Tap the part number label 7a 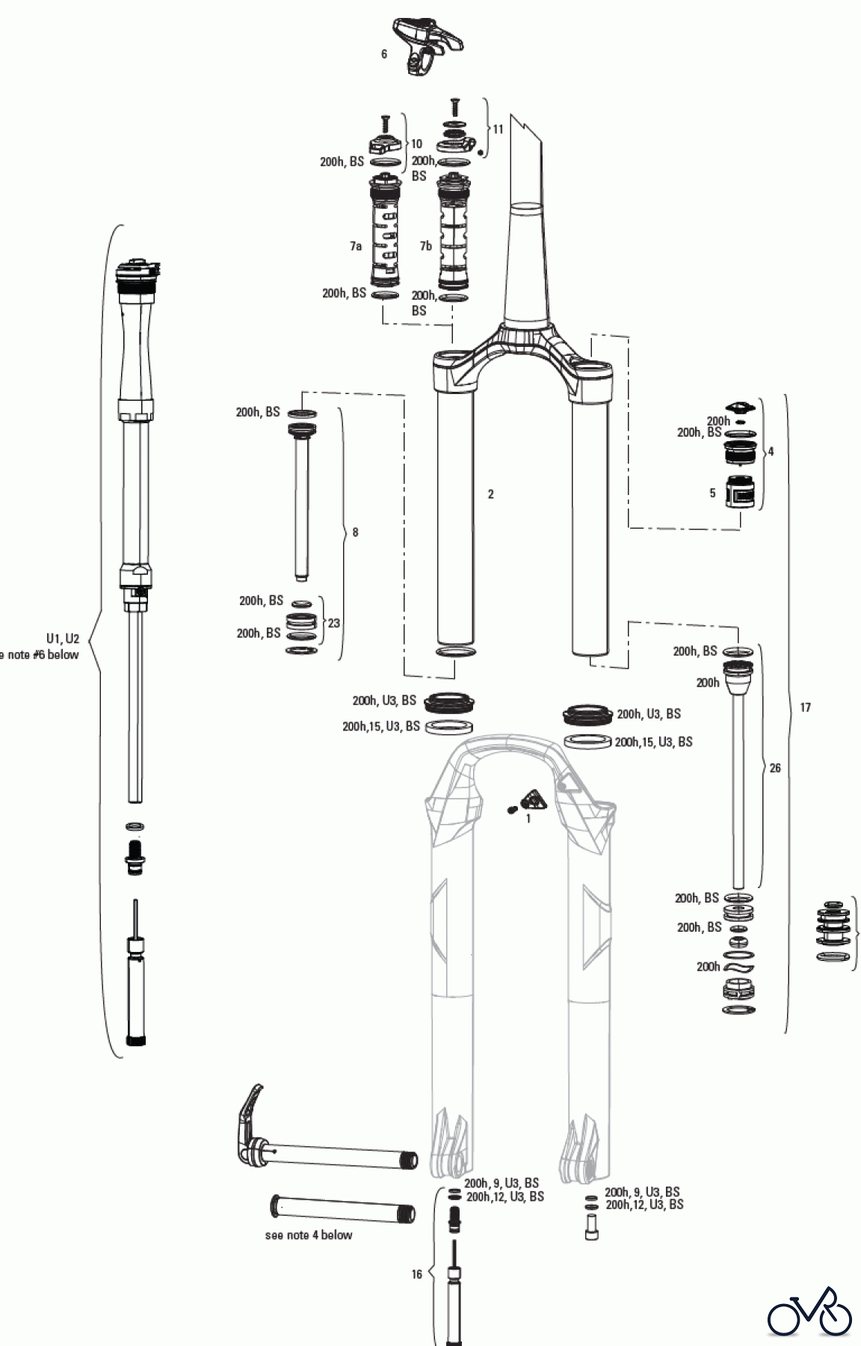[x=355, y=246]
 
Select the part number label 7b [x=425, y=246]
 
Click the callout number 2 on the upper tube [x=490, y=494]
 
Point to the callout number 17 [x=805, y=707]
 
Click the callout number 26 [x=775, y=768]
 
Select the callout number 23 [x=334, y=622]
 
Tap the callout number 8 [x=355, y=532]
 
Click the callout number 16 [x=417, y=1274]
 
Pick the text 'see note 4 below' [x=308, y=1235]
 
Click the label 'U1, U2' [x=62, y=639]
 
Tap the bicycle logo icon [x=809, y=1311]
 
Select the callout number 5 [x=712, y=493]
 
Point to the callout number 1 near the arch [x=528, y=819]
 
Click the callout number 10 [x=416, y=144]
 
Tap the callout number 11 [x=498, y=129]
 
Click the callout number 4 [x=771, y=452]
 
